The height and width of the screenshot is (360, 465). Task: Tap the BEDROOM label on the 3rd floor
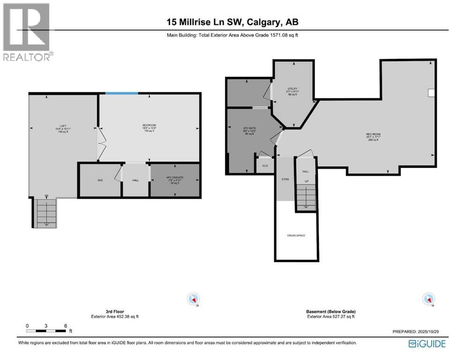point(149,125)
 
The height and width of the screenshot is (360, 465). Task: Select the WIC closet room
point(100,180)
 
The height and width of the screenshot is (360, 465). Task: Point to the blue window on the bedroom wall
point(121,93)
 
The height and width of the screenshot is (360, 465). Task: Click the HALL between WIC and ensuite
point(135,180)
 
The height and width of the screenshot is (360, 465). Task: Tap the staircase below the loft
point(46,213)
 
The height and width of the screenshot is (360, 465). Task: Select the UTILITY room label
point(292,89)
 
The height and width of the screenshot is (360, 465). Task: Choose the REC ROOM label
point(373,135)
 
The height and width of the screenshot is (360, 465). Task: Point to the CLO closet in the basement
point(265,165)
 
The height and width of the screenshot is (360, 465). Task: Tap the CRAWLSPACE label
point(296,235)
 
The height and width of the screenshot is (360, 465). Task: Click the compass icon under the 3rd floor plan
point(193,299)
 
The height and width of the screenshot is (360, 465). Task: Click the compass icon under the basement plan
point(428,299)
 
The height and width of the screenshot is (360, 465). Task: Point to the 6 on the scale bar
point(66,326)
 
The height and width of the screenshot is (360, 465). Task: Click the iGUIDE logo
point(427,344)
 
